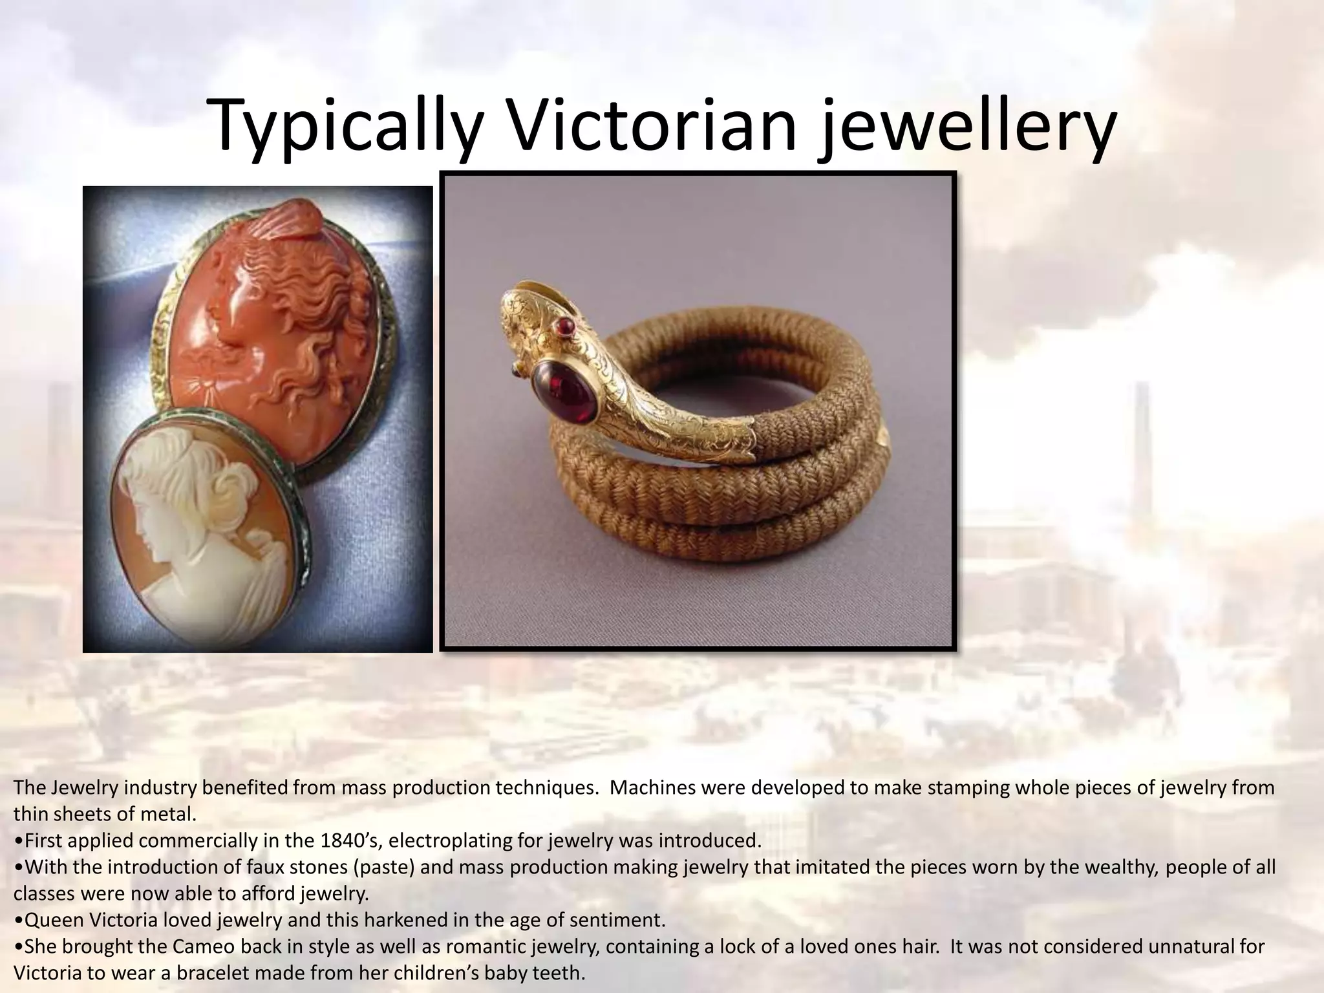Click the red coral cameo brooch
pyautogui.click(x=272, y=330)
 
